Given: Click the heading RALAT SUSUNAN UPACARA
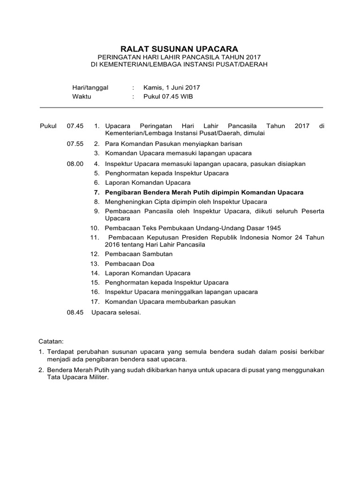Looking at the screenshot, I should tap(180, 49).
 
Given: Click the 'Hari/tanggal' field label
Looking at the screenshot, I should tap(90, 87).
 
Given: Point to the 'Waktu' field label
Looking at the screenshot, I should tap(82, 97).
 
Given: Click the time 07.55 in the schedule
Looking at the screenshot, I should tap(75, 143).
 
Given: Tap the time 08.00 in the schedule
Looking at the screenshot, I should tap(75, 164).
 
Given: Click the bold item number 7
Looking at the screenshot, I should tap(97, 192).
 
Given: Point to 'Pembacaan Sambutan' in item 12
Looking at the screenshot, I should tap(139, 254).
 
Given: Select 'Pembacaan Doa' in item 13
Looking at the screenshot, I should tap(130, 263).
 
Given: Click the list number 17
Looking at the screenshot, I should tap(95, 301).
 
